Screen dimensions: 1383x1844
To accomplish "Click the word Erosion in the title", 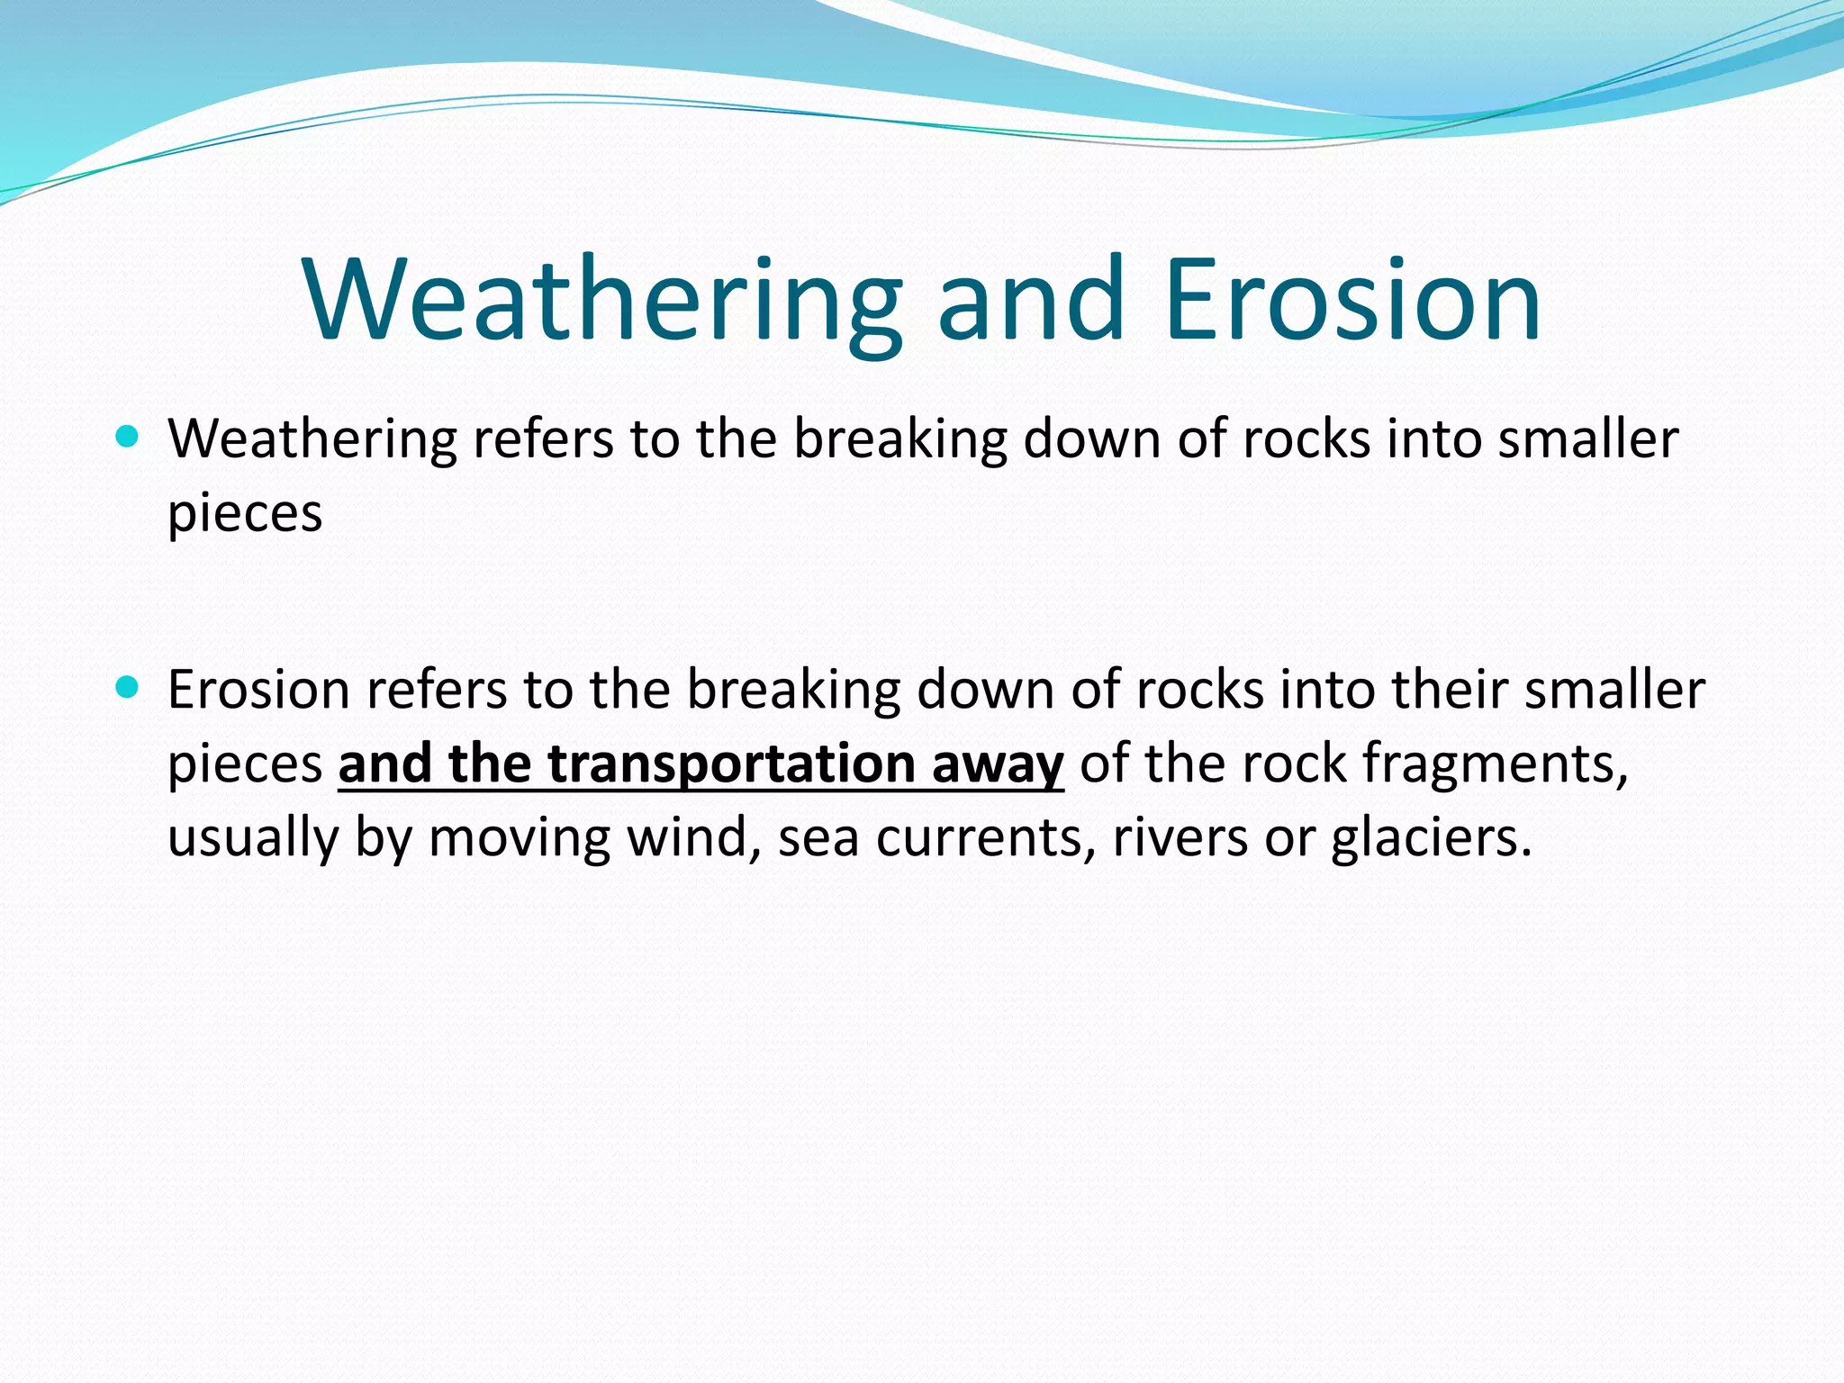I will [1351, 302].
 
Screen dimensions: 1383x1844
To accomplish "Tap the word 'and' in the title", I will [1031, 302].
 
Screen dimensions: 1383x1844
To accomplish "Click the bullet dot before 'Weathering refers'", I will [128, 438].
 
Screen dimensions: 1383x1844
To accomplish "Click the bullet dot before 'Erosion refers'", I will [128, 689].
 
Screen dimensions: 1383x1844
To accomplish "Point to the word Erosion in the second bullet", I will [258, 691].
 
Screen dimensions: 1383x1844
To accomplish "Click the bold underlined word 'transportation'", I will [732, 765].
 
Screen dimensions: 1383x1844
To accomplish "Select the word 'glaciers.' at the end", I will [1431, 839].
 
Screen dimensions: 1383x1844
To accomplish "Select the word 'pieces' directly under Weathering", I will [245, 515].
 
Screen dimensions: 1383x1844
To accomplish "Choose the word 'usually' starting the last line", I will [252, 839].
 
